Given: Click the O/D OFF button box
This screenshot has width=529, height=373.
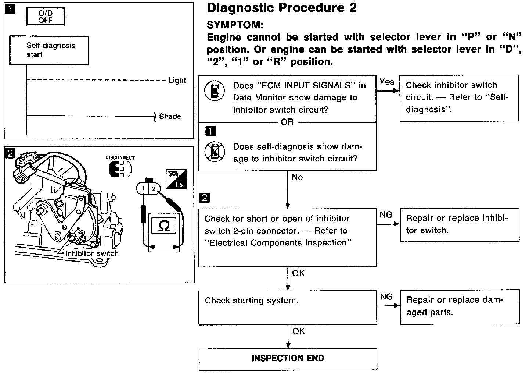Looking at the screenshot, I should pos(46,17).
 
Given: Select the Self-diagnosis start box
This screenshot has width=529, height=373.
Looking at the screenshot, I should pos(48,50).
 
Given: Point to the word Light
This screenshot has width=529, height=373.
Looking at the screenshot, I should pos(177,80).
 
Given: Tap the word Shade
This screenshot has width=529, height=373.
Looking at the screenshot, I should pos(170,117).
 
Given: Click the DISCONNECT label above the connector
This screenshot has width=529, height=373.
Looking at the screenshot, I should pos(120,158).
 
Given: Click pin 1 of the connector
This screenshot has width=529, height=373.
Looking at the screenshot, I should pos(142,189).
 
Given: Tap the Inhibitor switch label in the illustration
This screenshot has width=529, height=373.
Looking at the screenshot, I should pos(92,253).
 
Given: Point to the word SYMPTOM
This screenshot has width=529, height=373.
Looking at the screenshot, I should pos(235,25).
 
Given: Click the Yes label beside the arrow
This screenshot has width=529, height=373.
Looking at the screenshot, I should pos(386,82).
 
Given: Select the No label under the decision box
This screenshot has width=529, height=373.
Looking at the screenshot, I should pos(297,177).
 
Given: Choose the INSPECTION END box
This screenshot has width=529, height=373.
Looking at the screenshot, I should pos(288,359).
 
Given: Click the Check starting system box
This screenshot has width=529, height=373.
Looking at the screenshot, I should pos(288,308).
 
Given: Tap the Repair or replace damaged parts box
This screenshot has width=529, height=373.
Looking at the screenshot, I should pos(460,307).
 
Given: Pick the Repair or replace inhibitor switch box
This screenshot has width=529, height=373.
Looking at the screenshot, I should pos(459,225).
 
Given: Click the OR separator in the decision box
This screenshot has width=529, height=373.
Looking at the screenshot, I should pos(287,122).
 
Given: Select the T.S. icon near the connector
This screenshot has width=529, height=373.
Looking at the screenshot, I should pos(176,179).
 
